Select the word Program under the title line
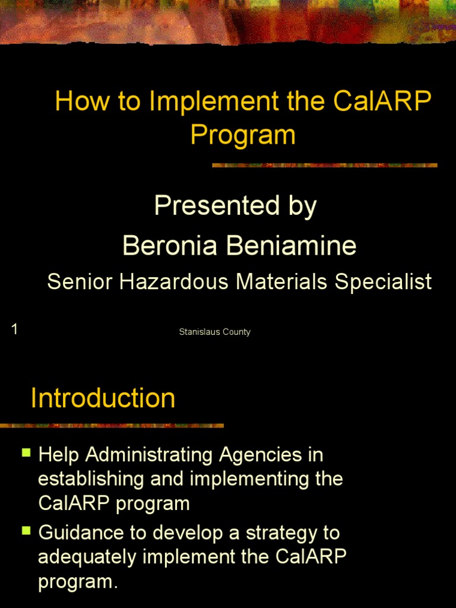point(243,134)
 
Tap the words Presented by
point(235,206)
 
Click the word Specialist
point(383,282)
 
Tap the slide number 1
point(14,329)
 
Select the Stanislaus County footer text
point(215,332)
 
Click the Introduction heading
point(103,398)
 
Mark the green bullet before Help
point(26,453)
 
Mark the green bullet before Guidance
point(26,530)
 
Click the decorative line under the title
point(325,165)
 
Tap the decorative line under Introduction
point(112,425)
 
